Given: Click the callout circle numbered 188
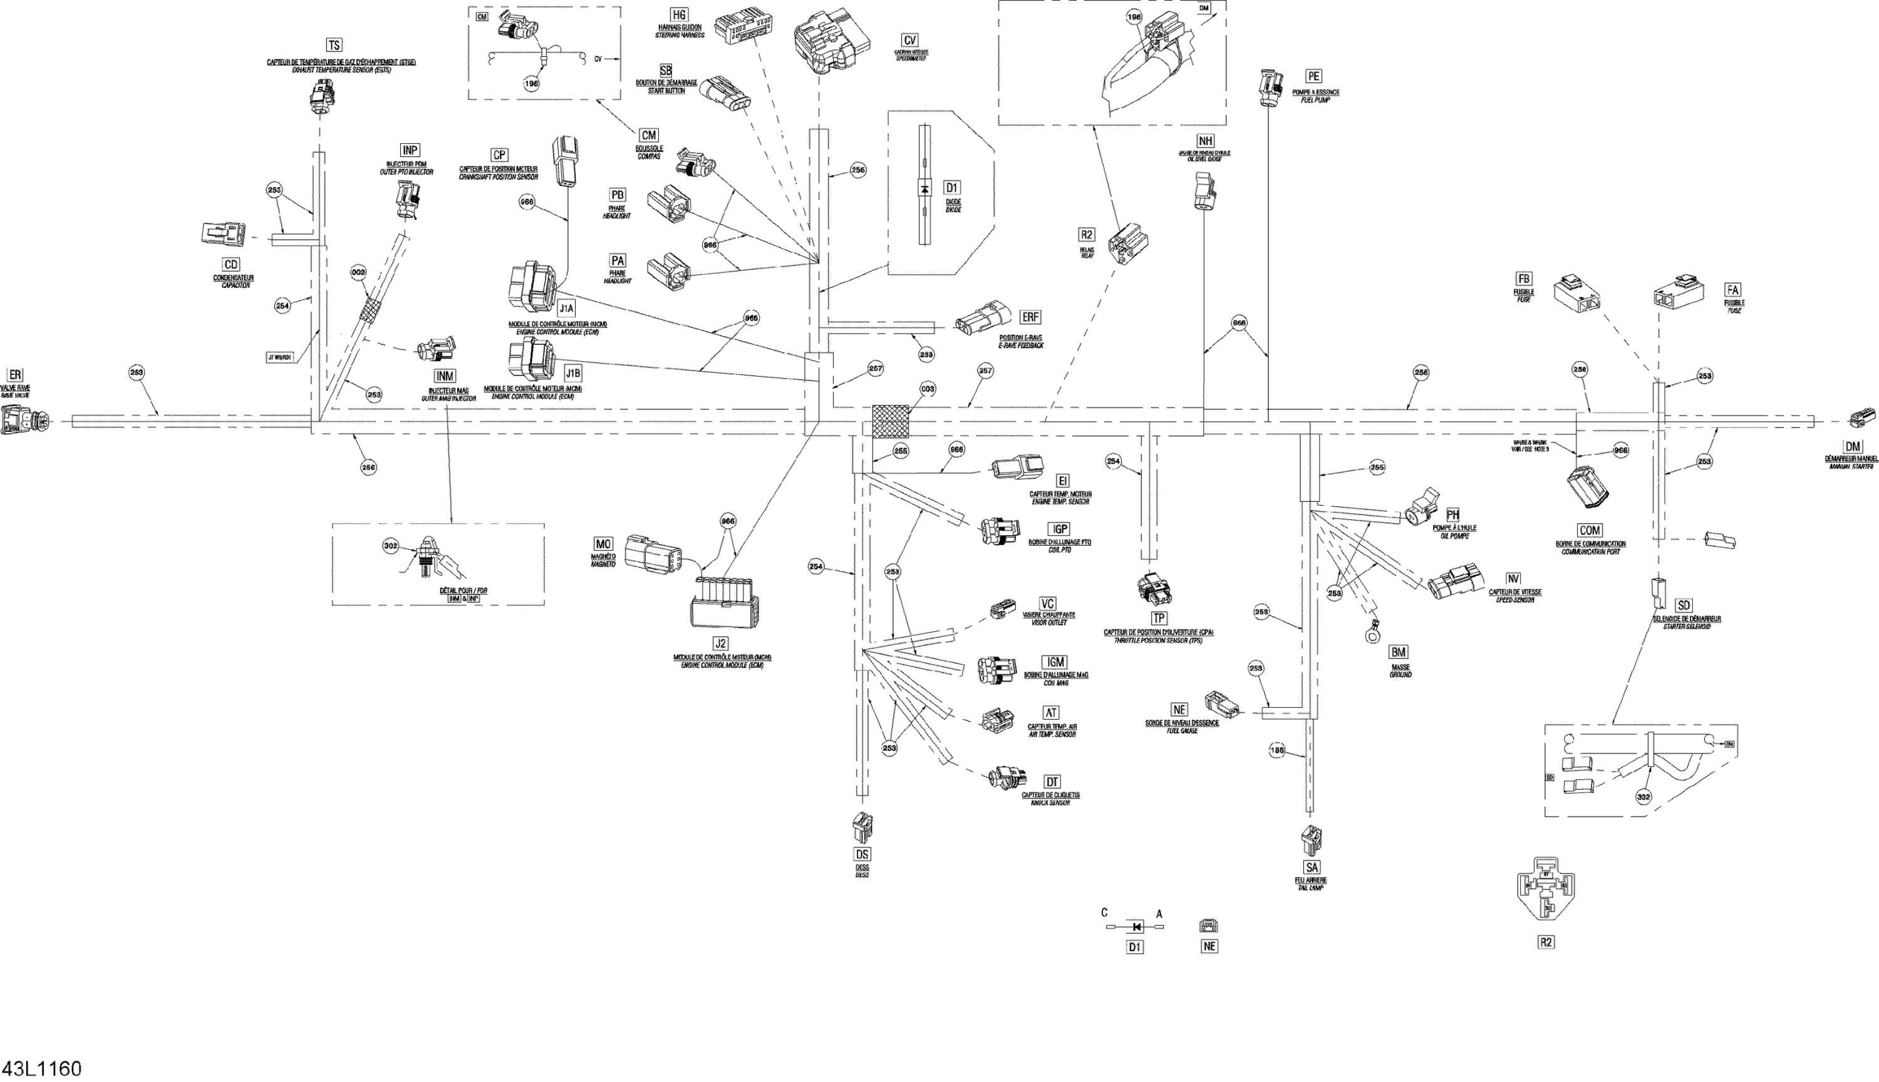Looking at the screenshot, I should click(1276, 752).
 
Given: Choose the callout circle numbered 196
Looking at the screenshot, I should click(532, 84).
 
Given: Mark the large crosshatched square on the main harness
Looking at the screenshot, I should click(891, 421).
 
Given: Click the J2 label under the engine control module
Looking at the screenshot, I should click(720, 643).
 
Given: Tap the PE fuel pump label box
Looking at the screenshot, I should click(1314, 76).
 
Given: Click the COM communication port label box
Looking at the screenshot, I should click(1590, 531).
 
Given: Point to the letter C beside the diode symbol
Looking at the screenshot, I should click(1104, 913).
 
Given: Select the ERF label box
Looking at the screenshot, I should click(1030, 317).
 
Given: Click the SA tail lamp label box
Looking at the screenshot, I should click(1312, 867).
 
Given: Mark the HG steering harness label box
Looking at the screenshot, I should click(679, 15).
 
